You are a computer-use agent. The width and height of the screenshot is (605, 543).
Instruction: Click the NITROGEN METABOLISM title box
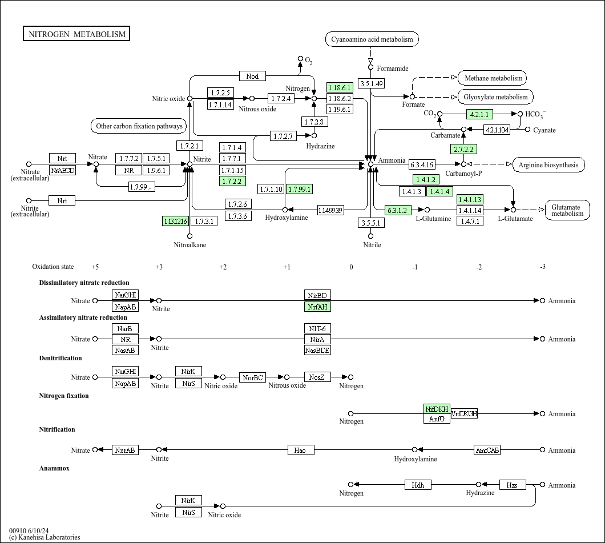(76, 34)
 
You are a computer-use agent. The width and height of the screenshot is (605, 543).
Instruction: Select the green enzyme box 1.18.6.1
(339, 87)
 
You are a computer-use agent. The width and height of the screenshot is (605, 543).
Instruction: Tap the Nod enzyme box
(252, 77)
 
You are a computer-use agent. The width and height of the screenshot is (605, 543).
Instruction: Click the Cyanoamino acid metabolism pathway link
(372, 39)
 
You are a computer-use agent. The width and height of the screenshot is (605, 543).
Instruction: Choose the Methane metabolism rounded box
(493, 78)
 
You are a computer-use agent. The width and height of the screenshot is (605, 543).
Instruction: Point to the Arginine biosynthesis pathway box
(548, 165)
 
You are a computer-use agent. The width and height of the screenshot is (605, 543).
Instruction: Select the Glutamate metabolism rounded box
(567, 210)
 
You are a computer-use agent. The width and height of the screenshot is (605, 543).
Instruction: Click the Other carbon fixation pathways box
(139, 126)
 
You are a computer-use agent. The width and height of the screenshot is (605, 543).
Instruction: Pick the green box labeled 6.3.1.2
(398, 210)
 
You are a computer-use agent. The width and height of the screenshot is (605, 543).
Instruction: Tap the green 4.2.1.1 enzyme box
(479, 114)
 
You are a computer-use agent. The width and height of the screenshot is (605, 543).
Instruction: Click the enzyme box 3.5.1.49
(371, 84)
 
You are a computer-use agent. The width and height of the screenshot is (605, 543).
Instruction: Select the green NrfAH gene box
(317, 307)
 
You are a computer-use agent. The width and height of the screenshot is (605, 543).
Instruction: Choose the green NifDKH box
(437, 409)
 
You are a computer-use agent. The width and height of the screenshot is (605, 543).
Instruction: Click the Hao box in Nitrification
(300, 450)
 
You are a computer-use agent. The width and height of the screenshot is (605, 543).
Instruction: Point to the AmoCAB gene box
(487, 450)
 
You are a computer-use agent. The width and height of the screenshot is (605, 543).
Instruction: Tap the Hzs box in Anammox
(513, 485)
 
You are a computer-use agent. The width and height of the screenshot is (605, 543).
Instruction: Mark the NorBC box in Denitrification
(252, 377)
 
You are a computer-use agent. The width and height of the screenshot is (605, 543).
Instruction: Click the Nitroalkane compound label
(190, 245)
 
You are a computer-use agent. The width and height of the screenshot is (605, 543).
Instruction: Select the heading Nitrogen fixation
(64, 396)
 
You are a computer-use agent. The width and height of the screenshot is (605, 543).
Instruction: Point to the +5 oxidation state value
(95, 267)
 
